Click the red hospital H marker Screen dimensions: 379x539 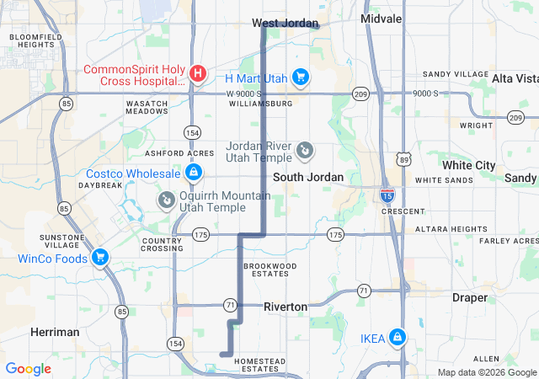click(197, 73)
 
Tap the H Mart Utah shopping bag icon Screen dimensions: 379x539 click(301, 78)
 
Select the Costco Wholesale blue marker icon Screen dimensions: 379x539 click(194, 173)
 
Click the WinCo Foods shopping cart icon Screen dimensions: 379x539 click(100, 258)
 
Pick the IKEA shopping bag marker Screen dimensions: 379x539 click(397, 339)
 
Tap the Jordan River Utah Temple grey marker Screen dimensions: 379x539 click(305, 152)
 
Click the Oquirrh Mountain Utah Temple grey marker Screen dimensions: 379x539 click(166, 200)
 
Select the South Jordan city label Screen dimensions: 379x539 click(308, 177)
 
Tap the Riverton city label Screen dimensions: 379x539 click(286, 307)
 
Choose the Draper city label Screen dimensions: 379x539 click(469, 297)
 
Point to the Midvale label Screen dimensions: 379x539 click(382, 18)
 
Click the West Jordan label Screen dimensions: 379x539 click(286, 24)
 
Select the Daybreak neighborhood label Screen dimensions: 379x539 click(101, 184)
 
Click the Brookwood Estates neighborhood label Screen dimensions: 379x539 click(270, 270)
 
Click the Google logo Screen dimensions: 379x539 click(29, 369)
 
